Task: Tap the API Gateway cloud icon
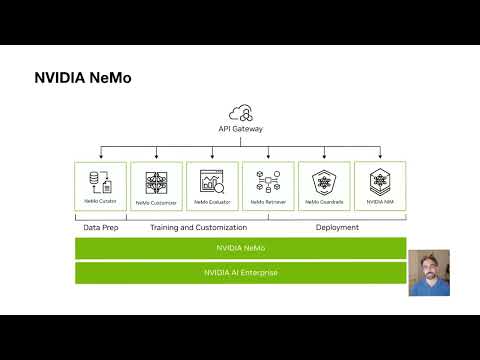[x=240, y=112]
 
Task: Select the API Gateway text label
[x=240, y=129]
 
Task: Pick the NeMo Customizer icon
[x=156, y=181]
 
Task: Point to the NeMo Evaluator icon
[x=212, y=181]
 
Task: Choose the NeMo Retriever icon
[x=268, y=181]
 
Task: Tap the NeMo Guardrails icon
[x=324, y=181]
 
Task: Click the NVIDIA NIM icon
[x=380, y=181]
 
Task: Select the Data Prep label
[x=100, y=227]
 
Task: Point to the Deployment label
[x=337, y=227]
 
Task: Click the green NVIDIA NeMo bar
[x=240, y=247]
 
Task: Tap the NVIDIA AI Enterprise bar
[x=240, y=272]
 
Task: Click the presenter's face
[x=428, y=265]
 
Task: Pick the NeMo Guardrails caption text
[x=324, y=202]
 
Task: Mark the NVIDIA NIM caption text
[x=380, y=202]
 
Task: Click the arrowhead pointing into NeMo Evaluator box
[x=212, y=159]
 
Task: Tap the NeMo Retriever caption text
[x=268, y=202]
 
